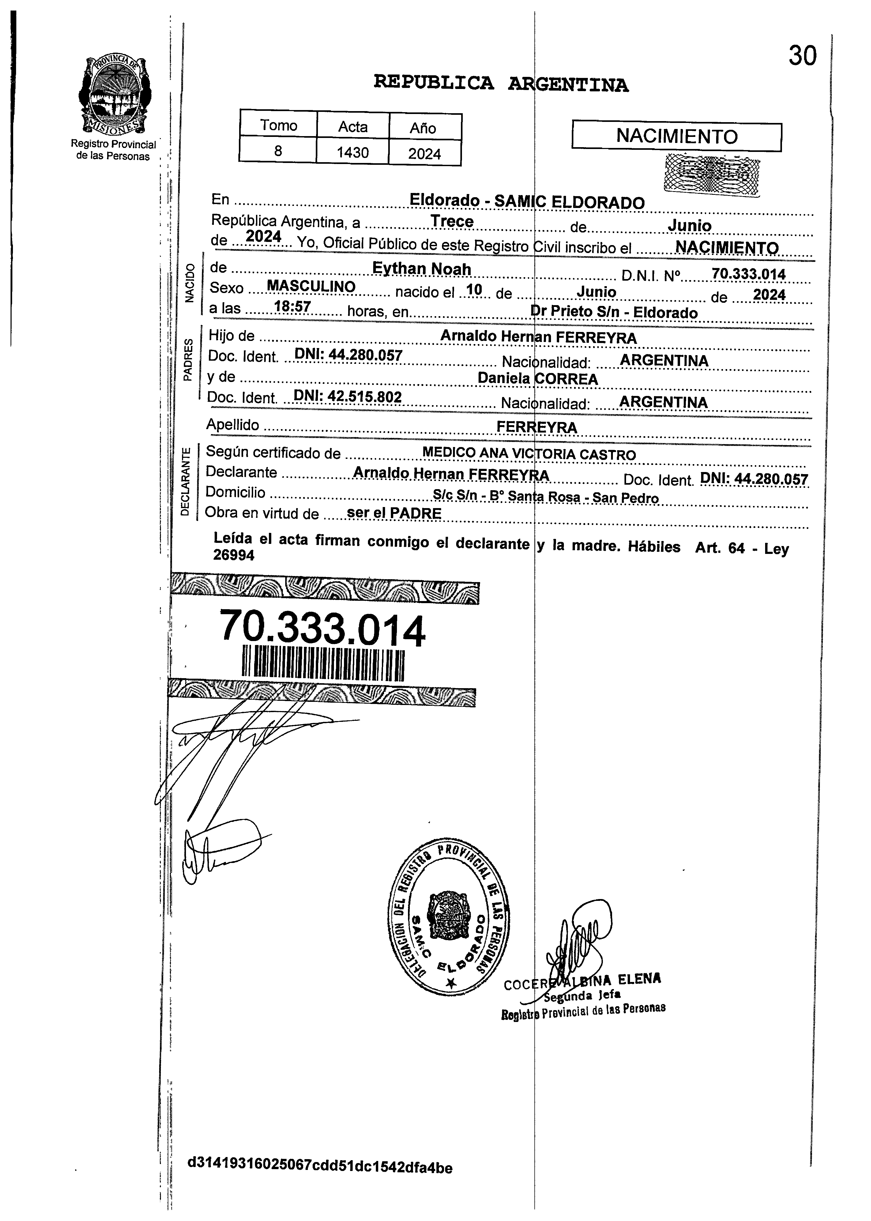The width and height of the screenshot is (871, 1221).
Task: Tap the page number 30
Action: pyautogui.click(x=802, y=56)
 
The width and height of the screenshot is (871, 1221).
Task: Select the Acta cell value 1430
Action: pyautogui.click(x=352, y=153)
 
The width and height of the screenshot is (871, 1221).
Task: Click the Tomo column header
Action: pyautogui.click(x=278, y=125)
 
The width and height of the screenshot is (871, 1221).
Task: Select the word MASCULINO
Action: pyautogui.click(x=311, y=287)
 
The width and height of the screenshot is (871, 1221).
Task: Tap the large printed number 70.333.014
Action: pyautogui.click(x=322, y=628)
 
